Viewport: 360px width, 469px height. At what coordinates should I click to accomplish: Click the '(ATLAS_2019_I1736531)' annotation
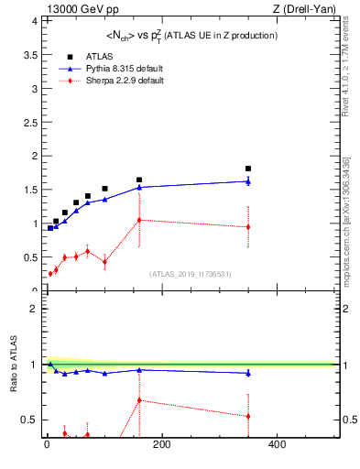click(189, 274)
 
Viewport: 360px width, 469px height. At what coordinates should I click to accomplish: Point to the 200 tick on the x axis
click(161, 446)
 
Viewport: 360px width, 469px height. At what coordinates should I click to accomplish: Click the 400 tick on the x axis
click(276, 446)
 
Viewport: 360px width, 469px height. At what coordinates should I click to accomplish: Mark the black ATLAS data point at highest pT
click(248, 169)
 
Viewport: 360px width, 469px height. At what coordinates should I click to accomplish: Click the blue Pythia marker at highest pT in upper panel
click(248, 181)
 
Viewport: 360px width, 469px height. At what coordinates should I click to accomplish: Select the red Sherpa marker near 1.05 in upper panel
click(139, 220)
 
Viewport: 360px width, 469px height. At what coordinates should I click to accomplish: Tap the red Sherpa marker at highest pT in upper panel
click(248, 227)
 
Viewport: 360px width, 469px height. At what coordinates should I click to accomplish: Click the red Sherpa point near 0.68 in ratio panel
click(139, 400)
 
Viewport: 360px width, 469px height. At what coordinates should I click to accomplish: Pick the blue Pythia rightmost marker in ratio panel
click(248, 373)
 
